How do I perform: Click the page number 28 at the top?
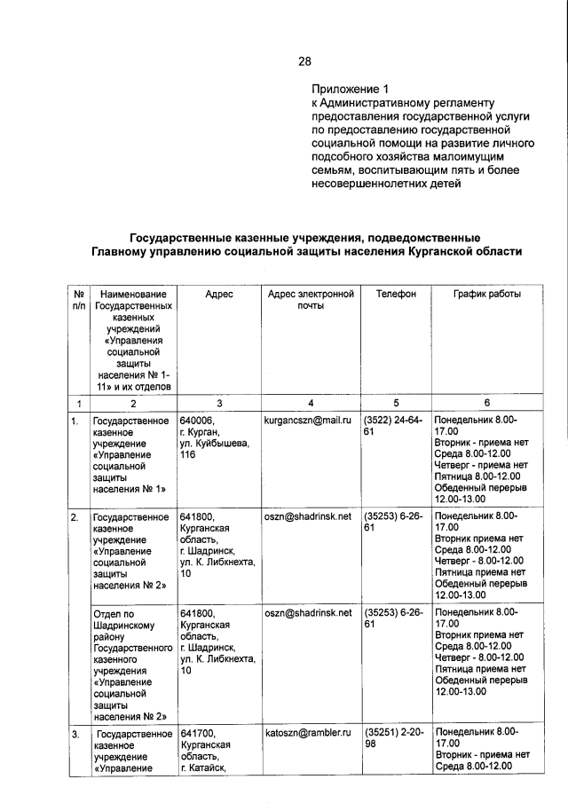(x=304, y=61)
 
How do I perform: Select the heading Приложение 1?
(x=350, y=90)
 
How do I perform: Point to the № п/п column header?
(x=78, y=300)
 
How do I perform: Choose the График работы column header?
(x=487, y=294)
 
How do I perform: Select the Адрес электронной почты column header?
(x=310, y=300)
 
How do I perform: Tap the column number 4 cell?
(x=310, y=402)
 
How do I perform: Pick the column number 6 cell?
(x=487, y=402)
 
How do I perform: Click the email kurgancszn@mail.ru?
(x=309, y=419)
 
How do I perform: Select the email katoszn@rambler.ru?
(x=309, y=733)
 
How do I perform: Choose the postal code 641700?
(x=200, y=733)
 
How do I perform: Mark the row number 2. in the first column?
(x=77, y=516)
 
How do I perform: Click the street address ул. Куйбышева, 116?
(x=214, y=449)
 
